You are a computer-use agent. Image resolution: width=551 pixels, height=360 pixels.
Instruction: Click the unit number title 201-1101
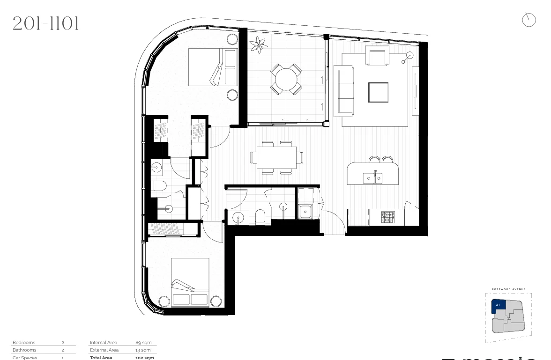click(45, 23)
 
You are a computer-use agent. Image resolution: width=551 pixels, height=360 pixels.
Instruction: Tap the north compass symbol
click(529, 20)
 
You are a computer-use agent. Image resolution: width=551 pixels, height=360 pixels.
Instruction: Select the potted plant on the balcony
click(259, 45)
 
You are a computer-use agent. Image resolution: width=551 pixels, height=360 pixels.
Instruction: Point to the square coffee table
click(378, 92)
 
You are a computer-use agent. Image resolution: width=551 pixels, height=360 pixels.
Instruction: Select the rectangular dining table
click(276, 157)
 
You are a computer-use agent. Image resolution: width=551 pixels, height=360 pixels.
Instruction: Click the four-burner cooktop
click(388, 217)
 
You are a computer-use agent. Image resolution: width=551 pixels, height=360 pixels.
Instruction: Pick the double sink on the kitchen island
click(373, 178)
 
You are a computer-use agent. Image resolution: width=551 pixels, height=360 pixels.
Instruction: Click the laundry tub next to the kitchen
click(306, 212)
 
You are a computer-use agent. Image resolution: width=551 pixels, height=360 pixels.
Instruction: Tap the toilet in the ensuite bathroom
click(159, 186)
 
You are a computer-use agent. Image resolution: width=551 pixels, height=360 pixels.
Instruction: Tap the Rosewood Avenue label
click(508, 289)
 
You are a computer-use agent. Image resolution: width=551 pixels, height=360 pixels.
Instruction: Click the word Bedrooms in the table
click(24, 343)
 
